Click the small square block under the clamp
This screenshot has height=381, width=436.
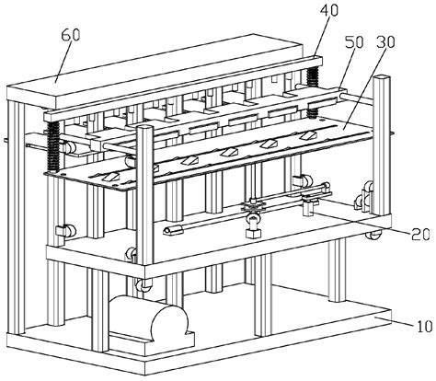(x=252, y=237)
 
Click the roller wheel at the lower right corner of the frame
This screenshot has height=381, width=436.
(x=374, y=237)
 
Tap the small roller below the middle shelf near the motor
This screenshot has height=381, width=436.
(x=143, y=288)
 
